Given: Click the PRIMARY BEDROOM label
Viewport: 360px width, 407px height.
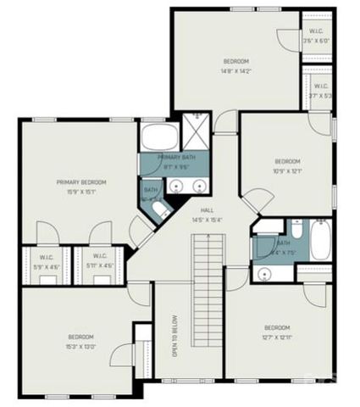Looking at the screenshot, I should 81,182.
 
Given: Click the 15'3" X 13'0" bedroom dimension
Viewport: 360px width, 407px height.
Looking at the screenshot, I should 81,346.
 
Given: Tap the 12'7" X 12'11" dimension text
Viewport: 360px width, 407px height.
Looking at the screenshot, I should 277,338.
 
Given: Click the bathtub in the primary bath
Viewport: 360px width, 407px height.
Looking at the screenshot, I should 159,138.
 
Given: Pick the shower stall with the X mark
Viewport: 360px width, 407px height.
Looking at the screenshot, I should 197,135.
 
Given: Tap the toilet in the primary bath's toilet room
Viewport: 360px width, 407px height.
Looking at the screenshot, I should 159,209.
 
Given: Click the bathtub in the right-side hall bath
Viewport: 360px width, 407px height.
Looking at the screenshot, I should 321,241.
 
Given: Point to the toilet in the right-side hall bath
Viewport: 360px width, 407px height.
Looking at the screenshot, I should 295,230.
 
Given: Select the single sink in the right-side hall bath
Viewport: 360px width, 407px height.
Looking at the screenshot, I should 263,274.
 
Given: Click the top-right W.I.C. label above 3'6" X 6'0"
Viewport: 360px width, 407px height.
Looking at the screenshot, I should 315,32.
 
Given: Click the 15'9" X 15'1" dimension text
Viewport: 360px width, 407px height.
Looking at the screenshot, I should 81,192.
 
